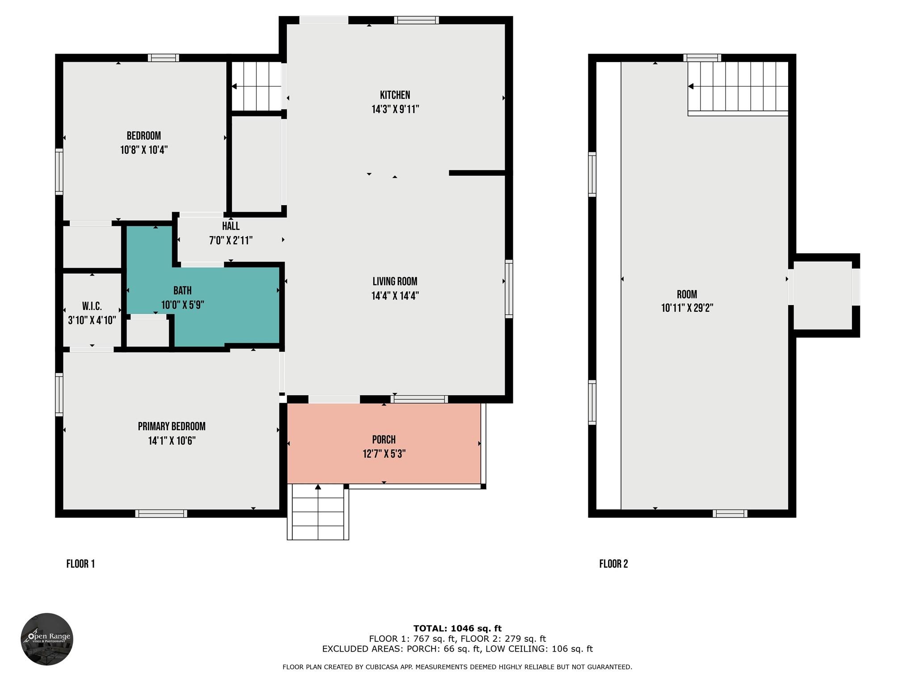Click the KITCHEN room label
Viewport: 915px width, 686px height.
click(x=395, y=95)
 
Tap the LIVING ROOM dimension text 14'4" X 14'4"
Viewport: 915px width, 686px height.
click(x=395, y=296)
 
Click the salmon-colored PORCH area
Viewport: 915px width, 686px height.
click(x=384, y=443)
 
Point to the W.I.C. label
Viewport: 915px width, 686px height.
click(x=92, y=306)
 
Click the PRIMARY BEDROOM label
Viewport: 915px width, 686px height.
click(x=172, y=427)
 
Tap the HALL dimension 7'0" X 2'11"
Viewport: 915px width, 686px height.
click(x=231, y=240)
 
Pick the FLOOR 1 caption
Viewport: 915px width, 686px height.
click(x=80, y=564)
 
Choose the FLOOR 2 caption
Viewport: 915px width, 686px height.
click(x=613, y=564)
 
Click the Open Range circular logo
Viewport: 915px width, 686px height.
click(x=47, y=639)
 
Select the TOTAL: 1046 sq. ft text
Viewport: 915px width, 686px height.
click(x=457, y=628)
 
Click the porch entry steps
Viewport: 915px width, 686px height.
click(x=318, y=512)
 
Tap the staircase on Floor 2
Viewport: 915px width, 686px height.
click(x=738, y=87)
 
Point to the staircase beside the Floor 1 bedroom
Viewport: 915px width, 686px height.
click(x=256, y=86)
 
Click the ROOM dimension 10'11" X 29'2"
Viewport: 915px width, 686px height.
click(x=687, y=308)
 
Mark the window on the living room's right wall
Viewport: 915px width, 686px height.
click(x=509, y=289)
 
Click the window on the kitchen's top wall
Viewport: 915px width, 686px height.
click(x=416, y=20)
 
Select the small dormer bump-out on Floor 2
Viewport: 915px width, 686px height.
click(x=825, y=295)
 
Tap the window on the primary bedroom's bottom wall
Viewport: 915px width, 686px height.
click(x=161, y=514)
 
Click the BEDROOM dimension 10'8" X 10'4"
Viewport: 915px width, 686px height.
click(x=144, y=150)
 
